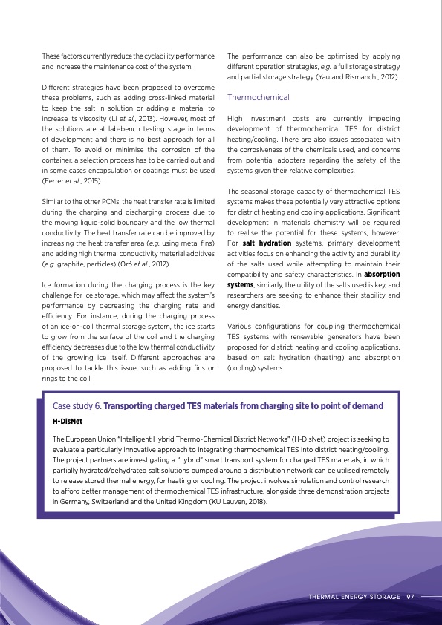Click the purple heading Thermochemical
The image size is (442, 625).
pyautogui.click(x=258, y=98)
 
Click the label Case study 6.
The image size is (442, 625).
pyautogui.click(x=77, y=406)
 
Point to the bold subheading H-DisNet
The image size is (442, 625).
pyautogui.click(x=68, y=420)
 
